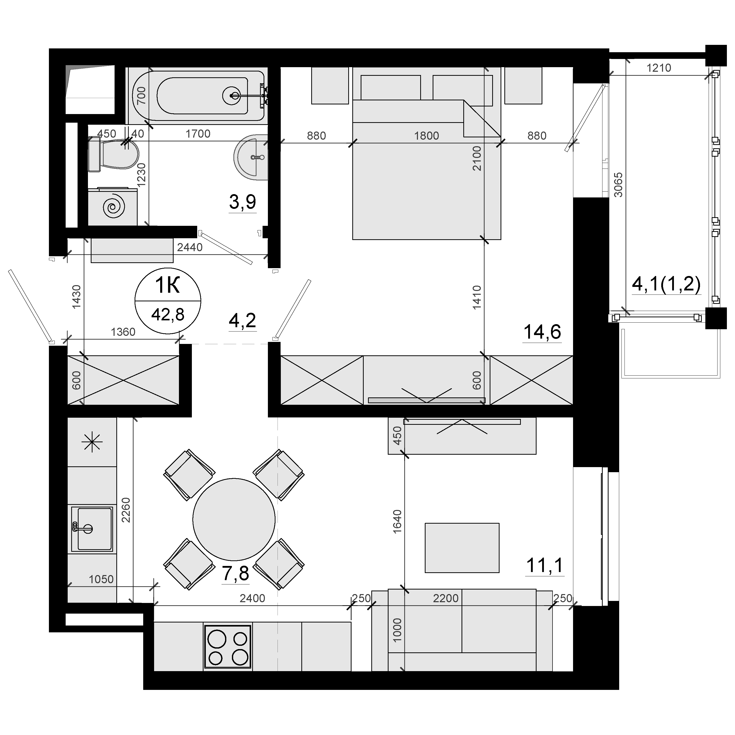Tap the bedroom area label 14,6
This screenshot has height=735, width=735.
[542, 332]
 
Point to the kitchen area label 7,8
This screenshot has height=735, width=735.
[235, 574]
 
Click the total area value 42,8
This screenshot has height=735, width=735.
[168, 315]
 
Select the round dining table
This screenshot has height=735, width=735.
[234, 519]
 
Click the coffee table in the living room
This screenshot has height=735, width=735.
[462, 548]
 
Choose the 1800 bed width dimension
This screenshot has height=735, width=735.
[427, 135]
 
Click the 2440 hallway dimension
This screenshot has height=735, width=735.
[190, 247]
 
